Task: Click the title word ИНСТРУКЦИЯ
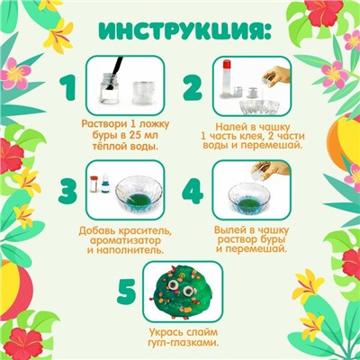[x=180, y=33]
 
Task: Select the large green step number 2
[x=192, y=88]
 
